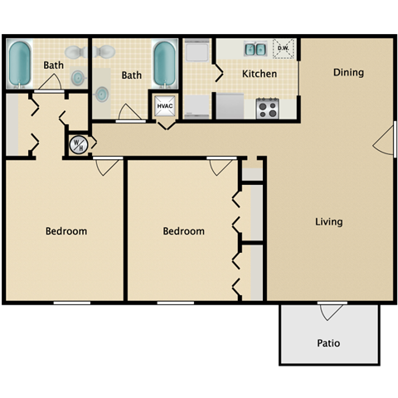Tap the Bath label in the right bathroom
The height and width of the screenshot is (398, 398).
point(131,75)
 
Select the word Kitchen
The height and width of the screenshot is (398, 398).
point(259,74)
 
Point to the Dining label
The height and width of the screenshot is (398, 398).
point(348,72)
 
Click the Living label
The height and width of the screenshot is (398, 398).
point(328,222)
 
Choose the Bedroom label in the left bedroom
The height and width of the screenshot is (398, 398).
point(66,231)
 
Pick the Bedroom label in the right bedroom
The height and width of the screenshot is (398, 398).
point(183,231)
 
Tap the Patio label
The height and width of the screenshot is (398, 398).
point(328,342)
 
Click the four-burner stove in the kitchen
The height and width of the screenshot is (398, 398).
point(267,107)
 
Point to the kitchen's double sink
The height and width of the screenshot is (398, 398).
point(255,50)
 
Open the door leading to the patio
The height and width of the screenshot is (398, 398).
point(332,312)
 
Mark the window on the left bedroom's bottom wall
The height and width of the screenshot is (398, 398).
point(72,303)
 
